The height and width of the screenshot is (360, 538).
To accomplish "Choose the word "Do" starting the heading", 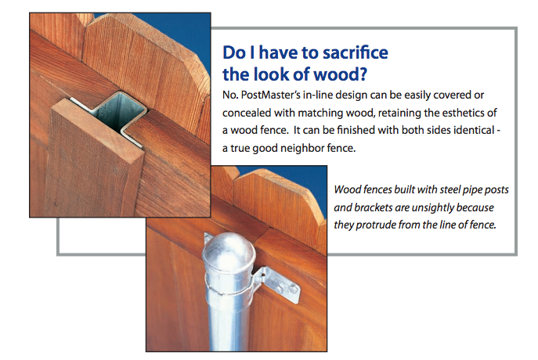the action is pyautogui.click(x=234, y=52).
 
